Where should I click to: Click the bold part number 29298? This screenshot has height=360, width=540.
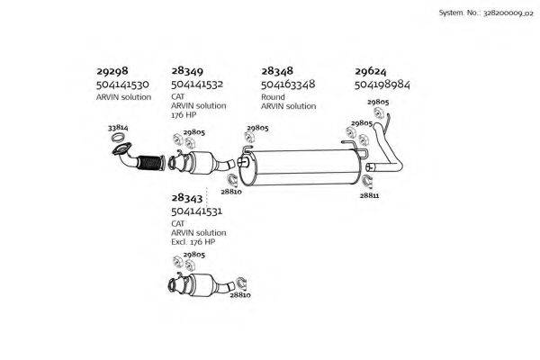coord(113,70)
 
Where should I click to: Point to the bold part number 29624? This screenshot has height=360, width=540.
coord(372,70)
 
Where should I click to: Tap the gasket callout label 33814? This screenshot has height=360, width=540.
coord(117,129)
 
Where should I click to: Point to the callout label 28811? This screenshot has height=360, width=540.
coord(369,194)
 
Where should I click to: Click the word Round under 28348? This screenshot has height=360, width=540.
coord(273,95)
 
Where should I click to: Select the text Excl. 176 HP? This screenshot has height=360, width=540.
coord(193,242)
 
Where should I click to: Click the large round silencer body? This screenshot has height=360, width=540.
coord(306,167)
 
